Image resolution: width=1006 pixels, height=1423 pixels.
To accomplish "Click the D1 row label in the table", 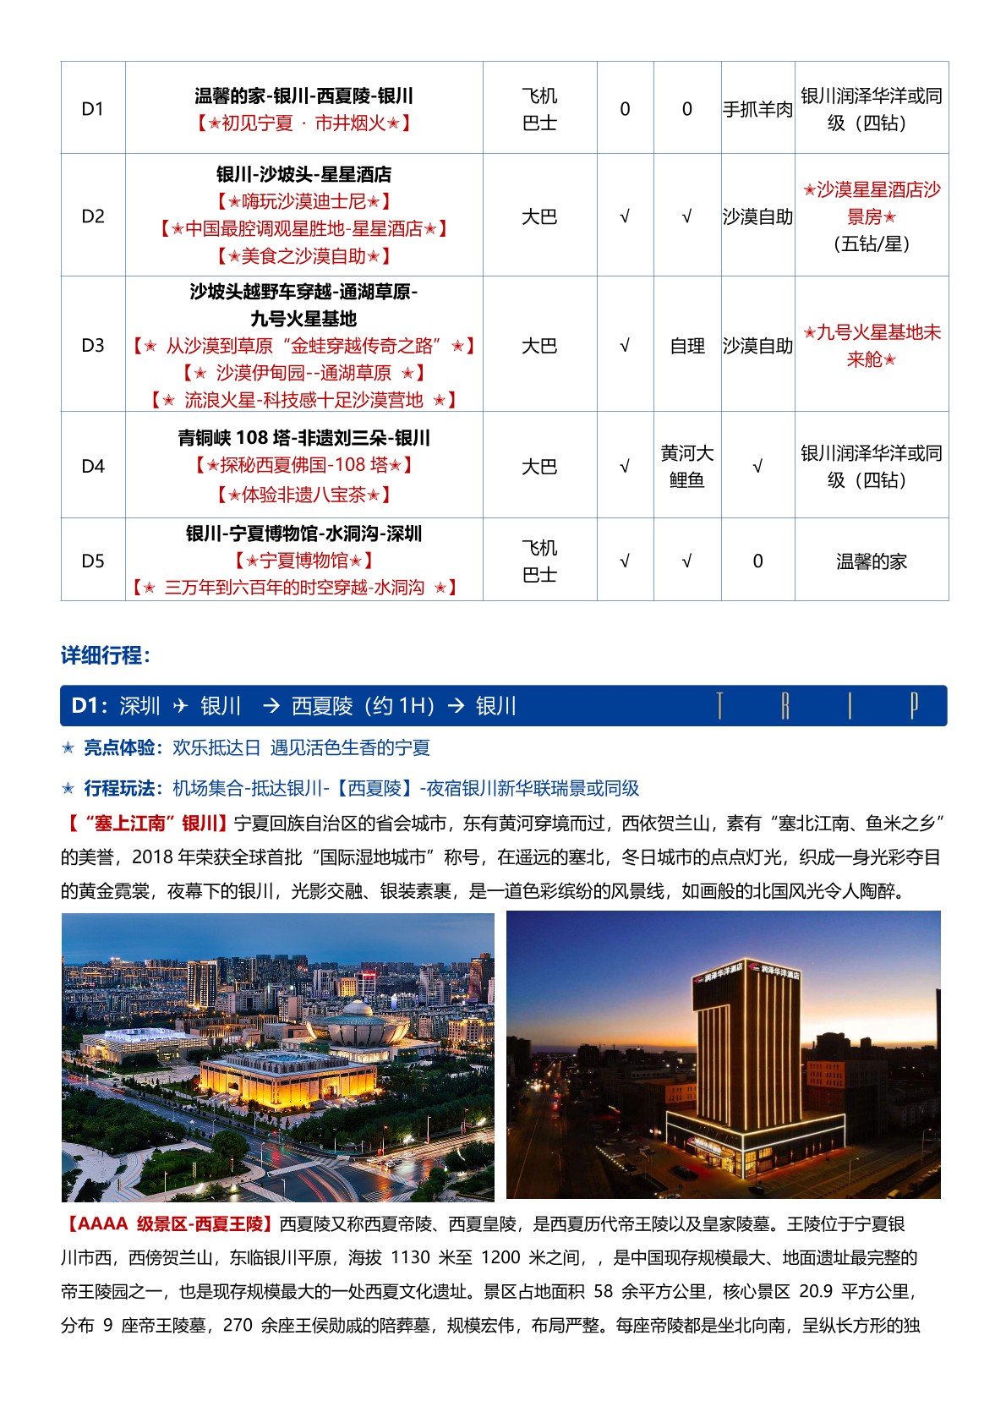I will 93,109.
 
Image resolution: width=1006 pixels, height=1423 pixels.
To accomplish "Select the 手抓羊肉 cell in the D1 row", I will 757,109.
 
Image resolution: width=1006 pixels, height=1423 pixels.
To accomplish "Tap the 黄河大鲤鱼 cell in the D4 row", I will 686,466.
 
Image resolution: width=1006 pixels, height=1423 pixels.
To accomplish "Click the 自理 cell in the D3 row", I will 686,346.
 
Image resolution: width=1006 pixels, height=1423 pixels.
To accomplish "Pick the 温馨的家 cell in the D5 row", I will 871,561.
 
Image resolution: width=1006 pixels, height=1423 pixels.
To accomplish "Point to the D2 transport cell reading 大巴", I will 539,216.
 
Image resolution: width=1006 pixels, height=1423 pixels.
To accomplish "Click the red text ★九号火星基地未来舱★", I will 871,346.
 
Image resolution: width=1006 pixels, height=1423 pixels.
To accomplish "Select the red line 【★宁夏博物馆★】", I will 303,561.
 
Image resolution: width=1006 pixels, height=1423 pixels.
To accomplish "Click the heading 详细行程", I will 105,655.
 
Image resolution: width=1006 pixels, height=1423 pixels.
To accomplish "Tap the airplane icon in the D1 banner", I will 180,706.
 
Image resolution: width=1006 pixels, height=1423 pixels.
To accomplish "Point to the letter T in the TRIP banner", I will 719,706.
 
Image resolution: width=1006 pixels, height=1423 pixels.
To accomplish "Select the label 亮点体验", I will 119,747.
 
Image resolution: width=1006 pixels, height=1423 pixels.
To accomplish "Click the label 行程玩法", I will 119,789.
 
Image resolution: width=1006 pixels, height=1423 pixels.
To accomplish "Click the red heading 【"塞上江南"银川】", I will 146,824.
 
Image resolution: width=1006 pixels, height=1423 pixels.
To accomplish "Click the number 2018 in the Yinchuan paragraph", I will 154,857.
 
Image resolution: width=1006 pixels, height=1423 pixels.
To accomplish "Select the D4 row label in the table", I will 93,466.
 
